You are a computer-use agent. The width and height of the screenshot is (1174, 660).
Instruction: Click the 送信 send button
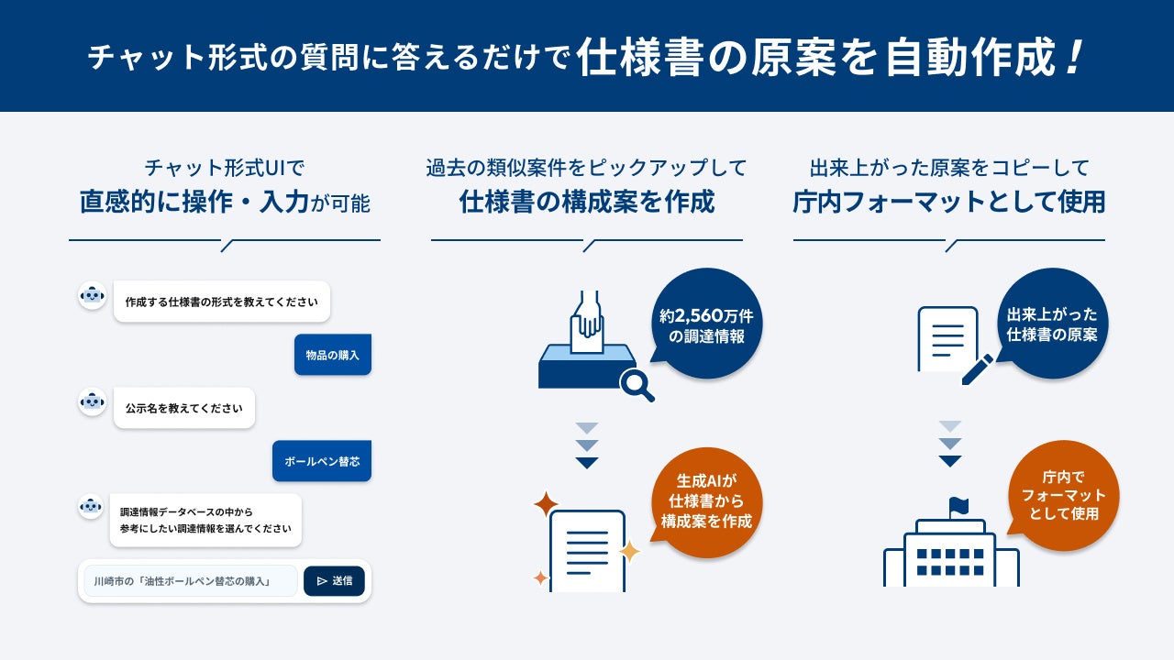[334, 581]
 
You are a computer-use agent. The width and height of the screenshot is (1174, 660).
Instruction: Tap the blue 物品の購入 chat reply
[333, 355]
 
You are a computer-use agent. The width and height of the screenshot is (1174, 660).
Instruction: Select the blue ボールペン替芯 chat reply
[322, 461]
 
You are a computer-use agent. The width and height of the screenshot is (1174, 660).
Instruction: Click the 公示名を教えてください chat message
[184, 408]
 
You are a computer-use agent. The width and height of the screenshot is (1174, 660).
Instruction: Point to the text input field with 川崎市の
[191, 581]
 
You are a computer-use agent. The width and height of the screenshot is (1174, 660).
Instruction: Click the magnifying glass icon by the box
[637, 385]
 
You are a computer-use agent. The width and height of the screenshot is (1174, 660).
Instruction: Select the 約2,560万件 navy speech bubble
[706, 324]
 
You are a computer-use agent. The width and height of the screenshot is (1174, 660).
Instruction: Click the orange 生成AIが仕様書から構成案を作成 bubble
[706, 501]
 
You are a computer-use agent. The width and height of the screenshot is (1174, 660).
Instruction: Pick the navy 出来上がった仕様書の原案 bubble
[1052, 324]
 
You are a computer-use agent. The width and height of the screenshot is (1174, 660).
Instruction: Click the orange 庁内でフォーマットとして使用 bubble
[1063, 496]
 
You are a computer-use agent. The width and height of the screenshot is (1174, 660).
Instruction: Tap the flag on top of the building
[959, 506]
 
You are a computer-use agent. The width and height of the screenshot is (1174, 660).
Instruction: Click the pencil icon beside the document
[978, 369]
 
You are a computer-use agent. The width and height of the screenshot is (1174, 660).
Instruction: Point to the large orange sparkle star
[546, 504]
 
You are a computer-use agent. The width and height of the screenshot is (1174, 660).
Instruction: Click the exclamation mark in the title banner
[1074, 58]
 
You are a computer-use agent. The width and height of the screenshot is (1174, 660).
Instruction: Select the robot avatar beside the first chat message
[93, 296]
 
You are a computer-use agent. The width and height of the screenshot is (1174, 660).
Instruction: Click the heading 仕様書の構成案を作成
[587, 202]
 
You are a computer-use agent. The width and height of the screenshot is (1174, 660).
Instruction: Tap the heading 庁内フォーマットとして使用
[949, 202]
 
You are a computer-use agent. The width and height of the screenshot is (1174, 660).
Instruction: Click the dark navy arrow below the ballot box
[587, 463]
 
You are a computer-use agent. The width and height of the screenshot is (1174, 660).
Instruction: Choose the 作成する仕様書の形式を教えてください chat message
[222, 302]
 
